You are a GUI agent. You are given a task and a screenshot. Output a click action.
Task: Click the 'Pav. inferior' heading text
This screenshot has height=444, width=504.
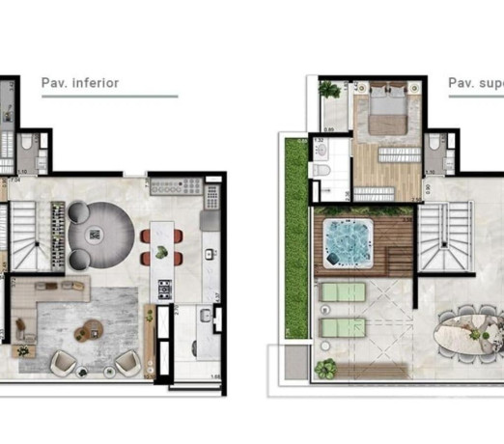point(80,83)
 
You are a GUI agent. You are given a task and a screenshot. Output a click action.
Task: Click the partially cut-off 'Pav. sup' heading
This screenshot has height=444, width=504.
point(475,83)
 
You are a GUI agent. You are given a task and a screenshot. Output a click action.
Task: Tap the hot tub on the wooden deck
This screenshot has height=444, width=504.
point(340,237)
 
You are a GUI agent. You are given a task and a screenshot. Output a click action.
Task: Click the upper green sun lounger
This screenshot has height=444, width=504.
point(343,291)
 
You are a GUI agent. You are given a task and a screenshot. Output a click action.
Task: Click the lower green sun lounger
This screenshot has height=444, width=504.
point(343,327)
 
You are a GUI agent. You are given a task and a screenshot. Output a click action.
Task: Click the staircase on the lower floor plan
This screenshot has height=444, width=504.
point(20,239)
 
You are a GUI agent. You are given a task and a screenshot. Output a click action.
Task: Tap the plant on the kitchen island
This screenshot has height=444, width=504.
point(162,253)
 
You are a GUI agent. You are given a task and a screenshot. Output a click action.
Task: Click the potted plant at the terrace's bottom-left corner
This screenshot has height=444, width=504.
point(326,368)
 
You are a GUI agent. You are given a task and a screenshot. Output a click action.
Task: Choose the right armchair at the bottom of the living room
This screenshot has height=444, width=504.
point(126,363)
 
